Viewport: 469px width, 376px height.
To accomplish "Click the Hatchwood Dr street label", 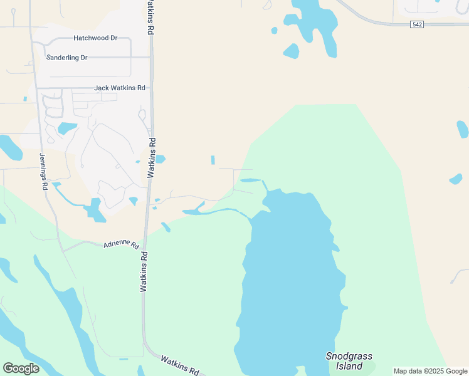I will (x=95, y=38).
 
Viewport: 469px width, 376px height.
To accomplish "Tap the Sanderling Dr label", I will (x=75, y=57).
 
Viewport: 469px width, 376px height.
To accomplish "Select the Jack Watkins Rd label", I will (x=120, y=88).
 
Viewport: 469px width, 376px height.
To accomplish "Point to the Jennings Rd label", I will (x=43, y=172).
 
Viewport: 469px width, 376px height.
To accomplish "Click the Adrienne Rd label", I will (x=120, y=243).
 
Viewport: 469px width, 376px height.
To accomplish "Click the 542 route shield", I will (x=418, y=24).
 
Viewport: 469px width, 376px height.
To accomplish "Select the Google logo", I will (x=21, y=368).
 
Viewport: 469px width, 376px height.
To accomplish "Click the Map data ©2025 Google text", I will (x=430, y=371).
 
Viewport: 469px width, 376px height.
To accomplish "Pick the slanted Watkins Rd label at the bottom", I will (x=179, y=365).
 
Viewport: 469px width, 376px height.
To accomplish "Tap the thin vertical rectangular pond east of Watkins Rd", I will (x=213, y=160).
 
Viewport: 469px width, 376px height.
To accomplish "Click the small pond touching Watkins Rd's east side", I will (x=160, y=159).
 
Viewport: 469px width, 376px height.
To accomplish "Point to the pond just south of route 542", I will (x=291, y=51).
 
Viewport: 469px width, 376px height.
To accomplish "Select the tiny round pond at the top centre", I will (x=274, y=29).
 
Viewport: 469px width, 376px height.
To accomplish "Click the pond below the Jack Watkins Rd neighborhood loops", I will (x=66, y=128).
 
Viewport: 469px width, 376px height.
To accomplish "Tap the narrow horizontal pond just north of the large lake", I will (x=250, y=180).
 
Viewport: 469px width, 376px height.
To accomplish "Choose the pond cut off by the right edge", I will (x=463, y=129).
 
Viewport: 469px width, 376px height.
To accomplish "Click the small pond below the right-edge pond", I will (x=456, y=179).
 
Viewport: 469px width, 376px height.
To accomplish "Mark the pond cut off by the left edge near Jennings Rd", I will (x=9, y=147).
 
